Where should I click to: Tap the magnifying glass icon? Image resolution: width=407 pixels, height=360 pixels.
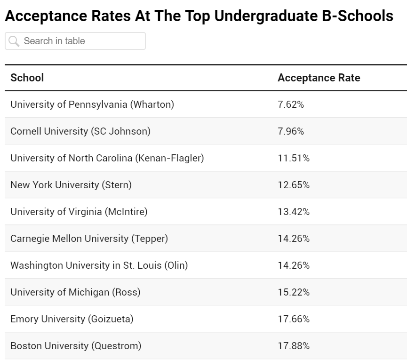pos(14,41)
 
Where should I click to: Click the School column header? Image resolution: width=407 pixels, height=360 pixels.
pos(27,78)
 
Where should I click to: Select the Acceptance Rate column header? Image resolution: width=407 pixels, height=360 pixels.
pos(319,78)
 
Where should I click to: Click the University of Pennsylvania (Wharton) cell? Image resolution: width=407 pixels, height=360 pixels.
pos(92,104)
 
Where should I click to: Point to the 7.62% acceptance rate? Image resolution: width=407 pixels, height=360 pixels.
pos(291,104)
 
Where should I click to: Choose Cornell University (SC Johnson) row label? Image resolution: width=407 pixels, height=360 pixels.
pos(80,131)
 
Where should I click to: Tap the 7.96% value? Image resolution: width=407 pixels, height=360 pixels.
pos(291,131)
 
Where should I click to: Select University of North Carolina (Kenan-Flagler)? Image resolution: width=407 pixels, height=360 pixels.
pos(107,158)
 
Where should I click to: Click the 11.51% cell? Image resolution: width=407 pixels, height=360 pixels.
pos(294,158)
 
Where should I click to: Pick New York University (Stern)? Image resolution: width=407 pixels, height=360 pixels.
pos(71,185)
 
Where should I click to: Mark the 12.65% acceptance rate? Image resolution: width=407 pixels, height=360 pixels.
pos(294,185)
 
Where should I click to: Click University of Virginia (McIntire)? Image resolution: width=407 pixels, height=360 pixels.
pos(79,212)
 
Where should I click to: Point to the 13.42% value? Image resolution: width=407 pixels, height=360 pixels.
pos(294,212)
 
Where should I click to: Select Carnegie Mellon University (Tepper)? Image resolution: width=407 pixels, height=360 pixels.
pos(89,239)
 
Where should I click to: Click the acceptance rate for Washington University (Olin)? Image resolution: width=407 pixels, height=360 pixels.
pos(294,265)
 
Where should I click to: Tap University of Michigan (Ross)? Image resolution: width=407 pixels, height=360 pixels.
pos(75,292)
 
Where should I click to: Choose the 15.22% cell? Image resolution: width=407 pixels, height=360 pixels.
pos(294,292)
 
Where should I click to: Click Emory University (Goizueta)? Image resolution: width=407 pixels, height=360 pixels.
pos(72,319)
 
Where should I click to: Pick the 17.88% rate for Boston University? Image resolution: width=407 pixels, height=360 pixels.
pos(294,346)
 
